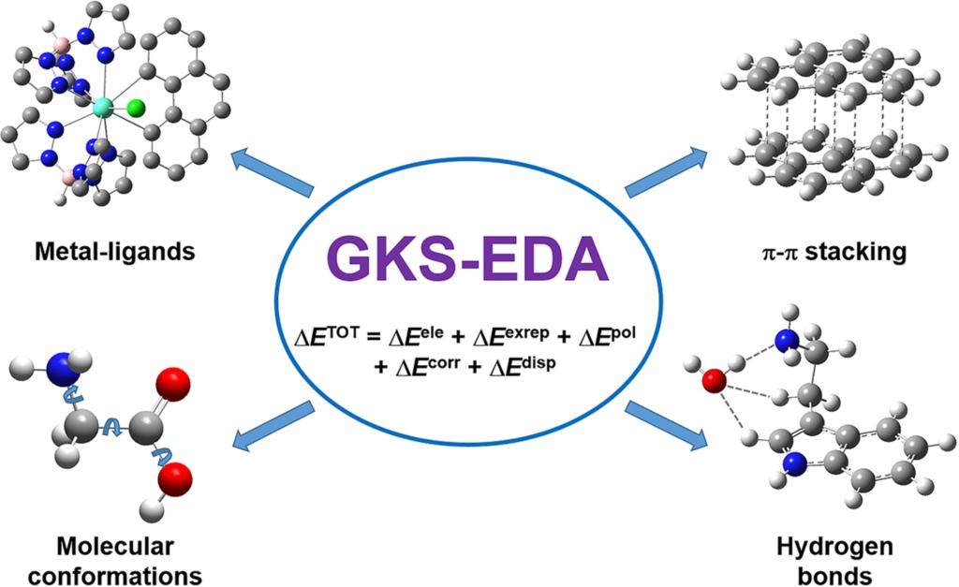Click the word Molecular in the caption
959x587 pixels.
(114, 545)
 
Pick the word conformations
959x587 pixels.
(114, 572)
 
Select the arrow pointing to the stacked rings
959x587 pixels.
(666, 174)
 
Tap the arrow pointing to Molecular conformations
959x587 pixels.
(273, 423)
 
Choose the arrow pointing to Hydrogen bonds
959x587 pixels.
(666, 423)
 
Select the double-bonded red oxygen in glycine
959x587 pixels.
(174, 385)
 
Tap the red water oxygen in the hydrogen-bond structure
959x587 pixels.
(714, 381)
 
